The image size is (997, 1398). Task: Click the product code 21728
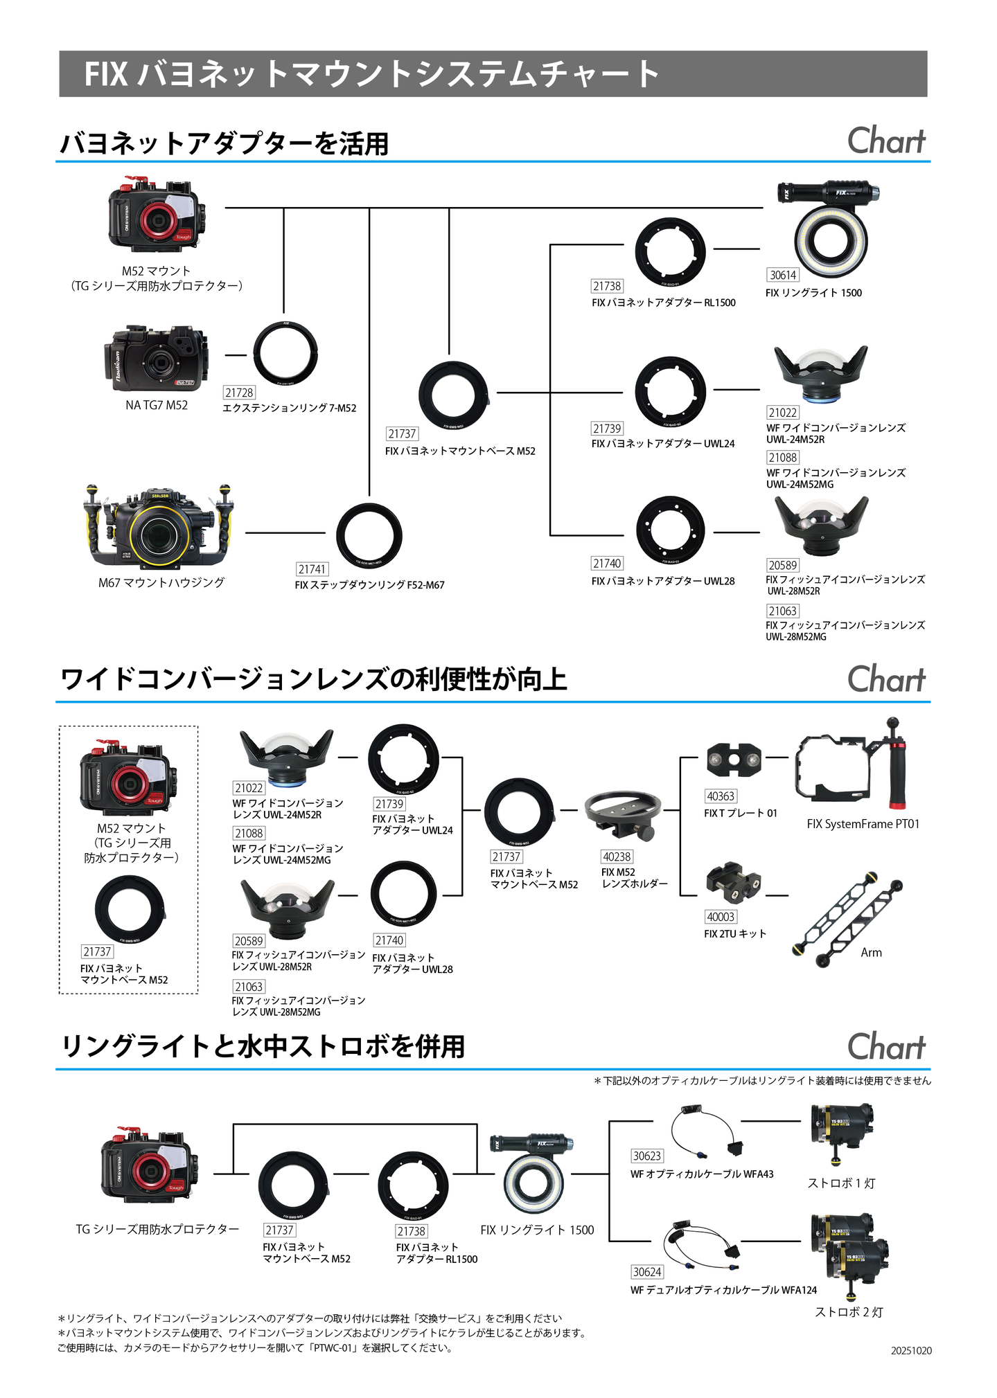pyautogui.click(x=239, y=393)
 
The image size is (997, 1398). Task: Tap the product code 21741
pyautogui.click(x=312, y=569)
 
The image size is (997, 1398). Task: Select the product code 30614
pyautogui.click(x=783, y=275)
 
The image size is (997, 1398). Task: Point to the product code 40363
pyautogui.click(x=721, y=796)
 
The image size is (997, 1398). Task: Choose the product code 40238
pyautogui.click(x=617, y=857)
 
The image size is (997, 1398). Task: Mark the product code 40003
pyautogui.click(x=721, y=917)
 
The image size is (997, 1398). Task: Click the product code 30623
pyautogui.click(x=647, y=1156)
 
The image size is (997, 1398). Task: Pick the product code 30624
pyautogui.click(x=647, y=1272)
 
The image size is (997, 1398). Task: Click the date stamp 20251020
pyautogui.click(x=911, y=1351)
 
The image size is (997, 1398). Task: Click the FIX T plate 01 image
pyautogui.click(x=734, y=760)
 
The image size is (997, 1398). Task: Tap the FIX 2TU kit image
pyautogui.click(x=733, y=884)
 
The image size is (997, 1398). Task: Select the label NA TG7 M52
pyautogui.click(x=157, y=405)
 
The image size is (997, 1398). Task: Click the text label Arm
pyautogui.click(x=871, y=953)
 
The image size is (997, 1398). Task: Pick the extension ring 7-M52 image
pyautogui.click(x=285, y=353)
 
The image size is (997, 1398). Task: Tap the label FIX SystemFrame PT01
pyautogui.click(x=863, y=824)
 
